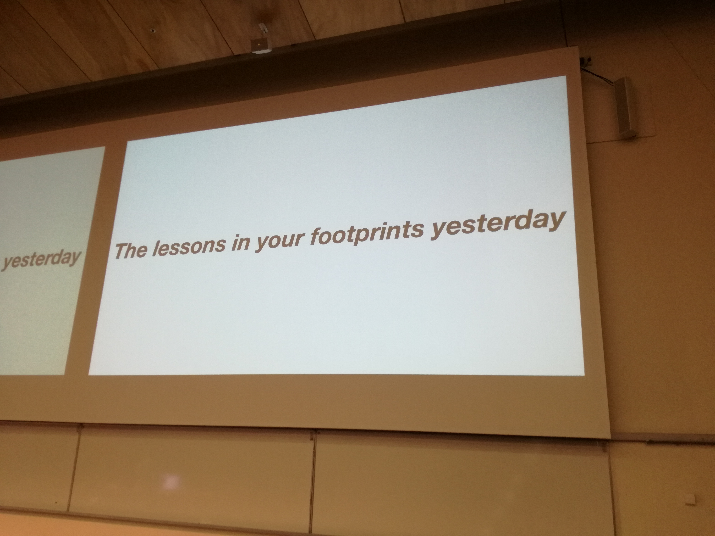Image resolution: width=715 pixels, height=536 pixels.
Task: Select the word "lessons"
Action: coord(188,246)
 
